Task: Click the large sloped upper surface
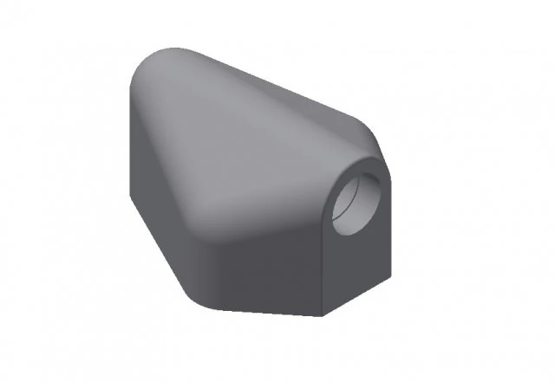click(243, 147)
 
